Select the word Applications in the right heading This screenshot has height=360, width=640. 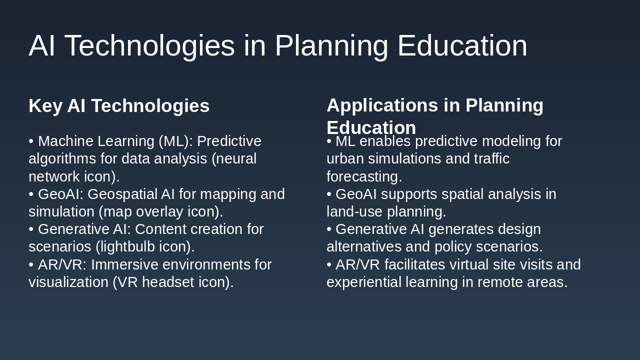click(382, 105)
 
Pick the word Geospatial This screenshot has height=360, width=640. click(122, 194)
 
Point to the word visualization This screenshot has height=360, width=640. click(68, 282)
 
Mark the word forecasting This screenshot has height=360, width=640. click(364, 177)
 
